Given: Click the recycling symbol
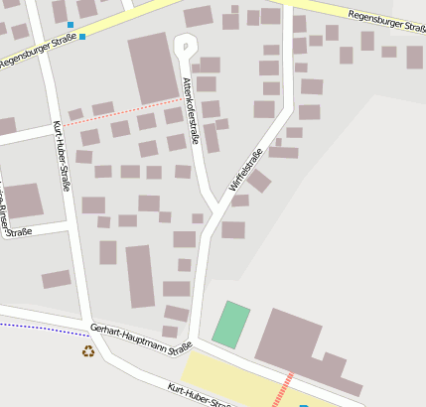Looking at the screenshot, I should [88, 350].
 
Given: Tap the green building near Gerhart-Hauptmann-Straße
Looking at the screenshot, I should [230, 325].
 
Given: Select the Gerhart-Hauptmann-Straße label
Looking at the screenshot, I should [140, 339].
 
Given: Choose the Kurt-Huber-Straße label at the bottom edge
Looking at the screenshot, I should [200, 395].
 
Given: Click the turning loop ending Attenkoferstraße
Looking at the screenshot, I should [185, 45].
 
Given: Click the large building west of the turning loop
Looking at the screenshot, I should [152, 68].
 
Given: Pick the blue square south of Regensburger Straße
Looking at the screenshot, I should [82, 37].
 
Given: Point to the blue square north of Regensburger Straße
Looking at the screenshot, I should [71, 24].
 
